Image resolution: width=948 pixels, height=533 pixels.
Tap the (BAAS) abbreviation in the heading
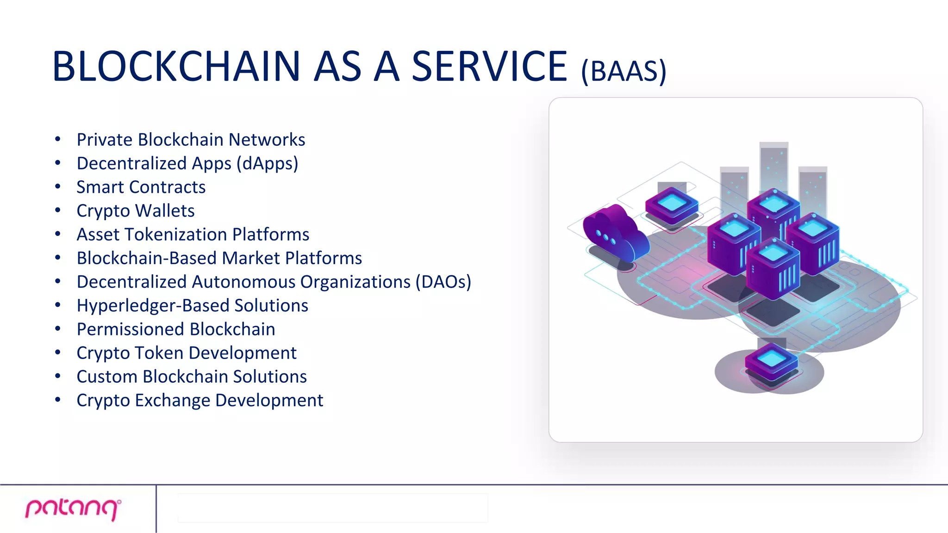click(624, 71)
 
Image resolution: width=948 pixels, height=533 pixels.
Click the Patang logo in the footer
click(73, 509)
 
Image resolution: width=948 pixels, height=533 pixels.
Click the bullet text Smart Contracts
click(141, 187)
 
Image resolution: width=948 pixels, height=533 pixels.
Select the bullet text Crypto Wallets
click(135, 211)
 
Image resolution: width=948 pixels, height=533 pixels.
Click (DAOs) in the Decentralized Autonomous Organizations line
click(443, 282)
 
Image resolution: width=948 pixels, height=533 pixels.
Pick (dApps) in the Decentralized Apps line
click(267, 164)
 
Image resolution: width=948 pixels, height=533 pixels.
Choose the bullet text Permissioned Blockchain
click(175, 329)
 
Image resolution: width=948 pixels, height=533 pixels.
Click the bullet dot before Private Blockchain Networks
click(58, 139)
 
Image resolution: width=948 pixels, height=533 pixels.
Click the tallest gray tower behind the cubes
click(773, 167)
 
